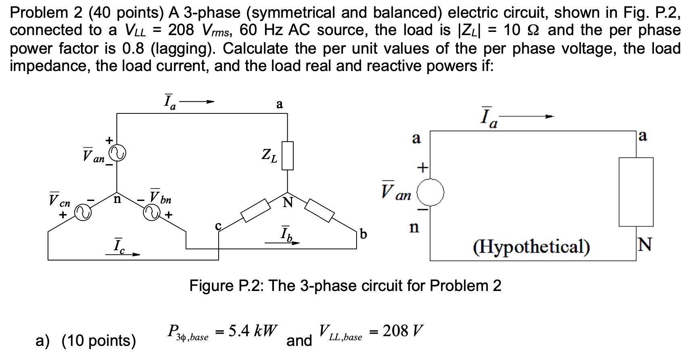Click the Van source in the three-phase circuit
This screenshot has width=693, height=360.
coord(118,153)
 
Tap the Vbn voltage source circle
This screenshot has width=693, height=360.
coord(152,213)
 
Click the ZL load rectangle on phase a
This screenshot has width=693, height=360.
coord(287,156)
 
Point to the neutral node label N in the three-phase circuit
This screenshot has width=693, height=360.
coord(288,202)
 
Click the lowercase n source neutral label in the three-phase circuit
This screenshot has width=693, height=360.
coord(117,199)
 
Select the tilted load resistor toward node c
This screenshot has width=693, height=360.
coord(256,210)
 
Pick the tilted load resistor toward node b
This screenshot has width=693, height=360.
coord(319,210)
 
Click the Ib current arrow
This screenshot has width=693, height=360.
coord(282,243)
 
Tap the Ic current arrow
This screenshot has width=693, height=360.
coord(123,254)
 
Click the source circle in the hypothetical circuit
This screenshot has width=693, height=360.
coord(430,193)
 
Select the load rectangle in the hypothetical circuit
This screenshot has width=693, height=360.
coord(636,192)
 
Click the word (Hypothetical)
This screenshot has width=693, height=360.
coord(531,247)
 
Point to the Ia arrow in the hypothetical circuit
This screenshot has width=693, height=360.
coord(526,117)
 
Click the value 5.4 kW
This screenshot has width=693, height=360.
coord(253,331)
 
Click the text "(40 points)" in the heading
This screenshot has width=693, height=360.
coord(126,13)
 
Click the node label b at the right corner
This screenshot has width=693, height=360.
coord(363,234)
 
